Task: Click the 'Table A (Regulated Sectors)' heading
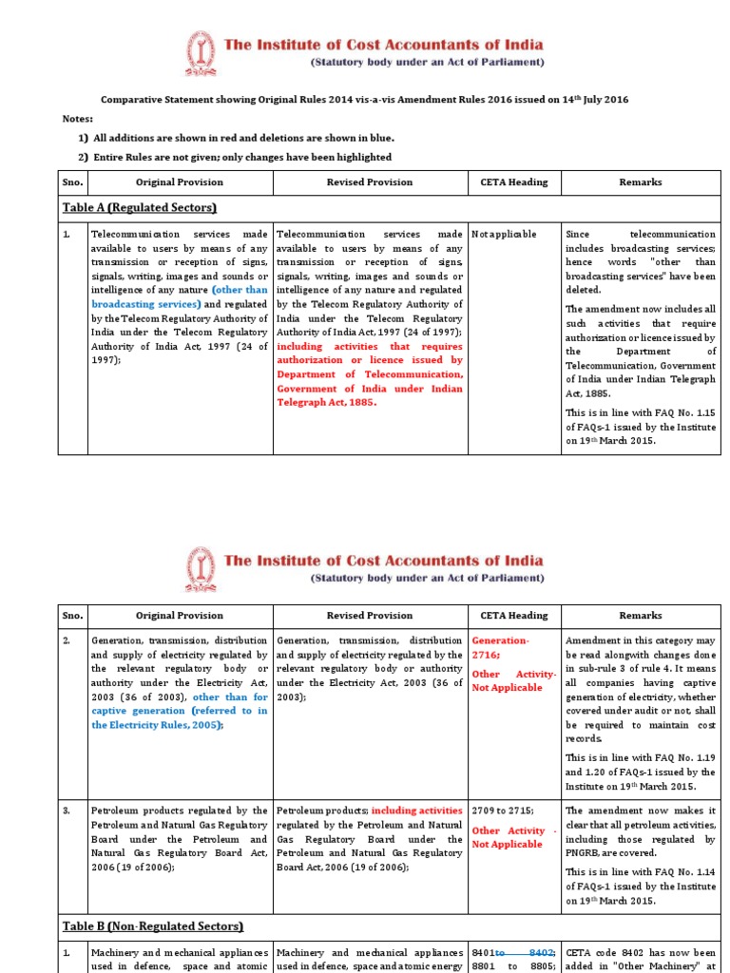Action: coord(140,208)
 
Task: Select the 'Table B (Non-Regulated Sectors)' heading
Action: coord(153,925)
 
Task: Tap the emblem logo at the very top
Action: coord(201,52)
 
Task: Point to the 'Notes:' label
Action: coord(78,119)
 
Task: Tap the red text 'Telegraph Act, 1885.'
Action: coord(326,402)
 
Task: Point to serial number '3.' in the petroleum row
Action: coord(69,811)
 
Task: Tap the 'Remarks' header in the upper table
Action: coord(640,181)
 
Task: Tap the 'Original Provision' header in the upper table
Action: coord(179,181)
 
